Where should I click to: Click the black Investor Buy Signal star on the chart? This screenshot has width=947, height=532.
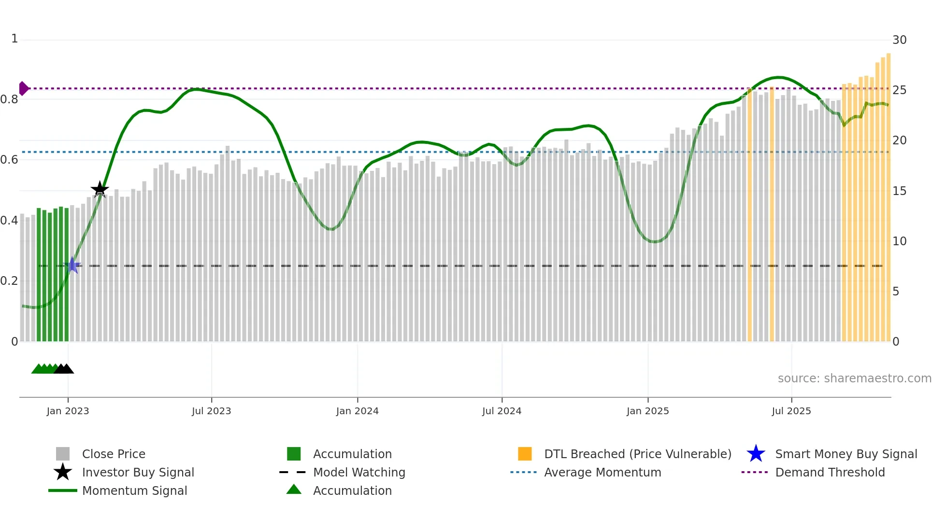(100, 189)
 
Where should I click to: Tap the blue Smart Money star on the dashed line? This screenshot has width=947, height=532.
(72, 265)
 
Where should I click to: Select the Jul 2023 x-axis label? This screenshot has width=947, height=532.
(211, 411)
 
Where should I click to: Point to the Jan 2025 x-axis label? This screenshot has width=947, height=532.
(647, 411)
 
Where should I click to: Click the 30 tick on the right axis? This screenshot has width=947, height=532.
(899, 40)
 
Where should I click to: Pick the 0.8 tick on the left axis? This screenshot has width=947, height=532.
(10, 99)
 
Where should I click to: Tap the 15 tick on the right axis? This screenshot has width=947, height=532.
(899, 191)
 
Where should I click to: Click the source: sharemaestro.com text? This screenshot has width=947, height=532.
(854, 378)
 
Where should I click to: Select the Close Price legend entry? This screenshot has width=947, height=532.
(114, 454)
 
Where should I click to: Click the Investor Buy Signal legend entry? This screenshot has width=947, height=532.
(138, 472)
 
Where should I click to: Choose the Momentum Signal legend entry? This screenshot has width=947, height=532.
(134, 490)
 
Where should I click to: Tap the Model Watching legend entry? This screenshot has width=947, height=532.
(359, 472)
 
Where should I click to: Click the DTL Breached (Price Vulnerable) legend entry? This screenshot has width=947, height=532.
(637, 454)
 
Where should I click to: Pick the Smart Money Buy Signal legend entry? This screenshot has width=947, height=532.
(846, 454)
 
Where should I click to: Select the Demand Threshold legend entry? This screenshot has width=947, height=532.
(830, 472)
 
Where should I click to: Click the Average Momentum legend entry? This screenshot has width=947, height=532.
(602, 472)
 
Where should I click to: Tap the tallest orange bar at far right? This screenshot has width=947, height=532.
(889, 193)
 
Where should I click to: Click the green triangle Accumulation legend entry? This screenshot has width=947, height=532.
(352, 490)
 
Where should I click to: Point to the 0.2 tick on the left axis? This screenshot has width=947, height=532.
(10, 281)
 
